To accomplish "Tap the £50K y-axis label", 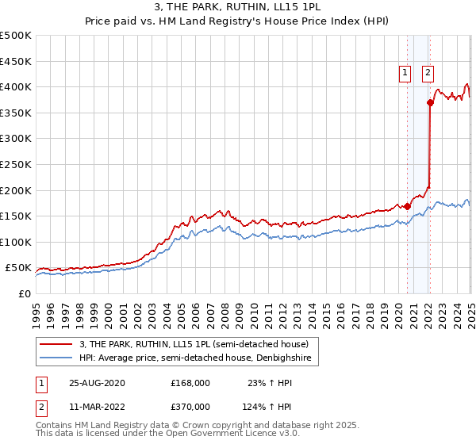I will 19,268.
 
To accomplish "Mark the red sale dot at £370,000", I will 430,102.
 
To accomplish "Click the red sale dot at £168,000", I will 407,206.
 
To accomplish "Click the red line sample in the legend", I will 56,345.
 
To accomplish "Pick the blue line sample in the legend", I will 56,359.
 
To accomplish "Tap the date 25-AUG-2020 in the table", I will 97,383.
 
